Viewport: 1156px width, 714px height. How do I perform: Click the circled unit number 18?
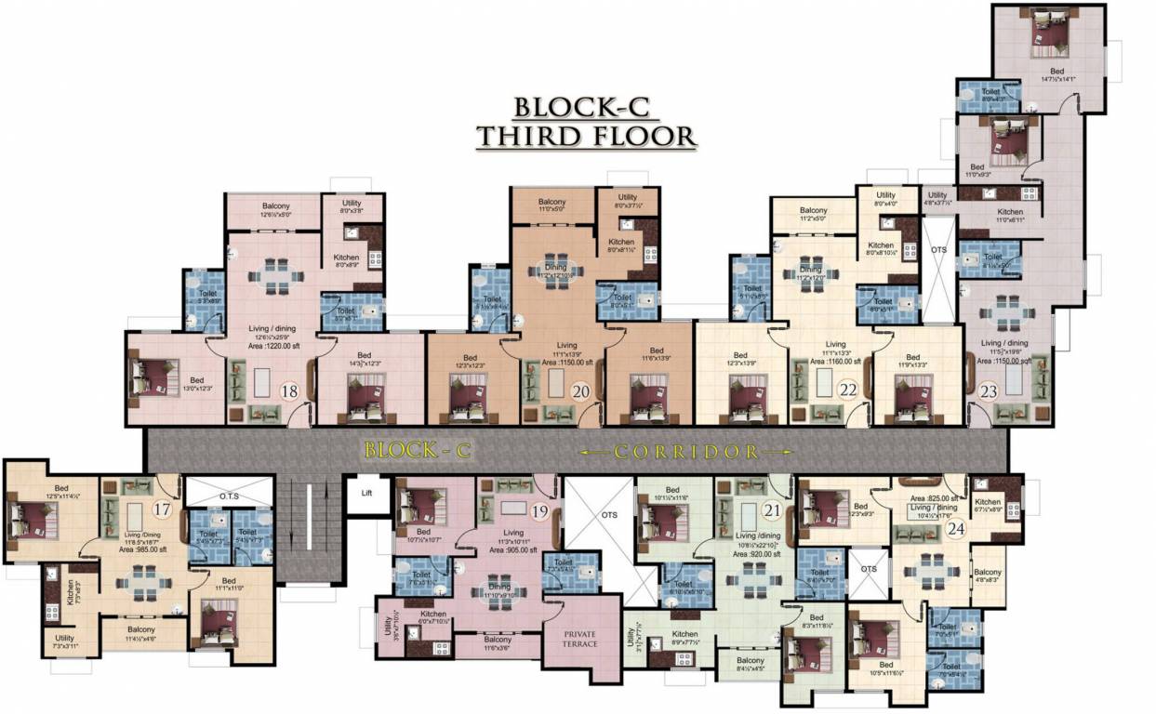pos(289,392)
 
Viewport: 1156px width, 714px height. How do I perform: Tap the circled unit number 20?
pos(583,391)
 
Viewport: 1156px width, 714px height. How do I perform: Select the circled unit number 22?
pos(847,391)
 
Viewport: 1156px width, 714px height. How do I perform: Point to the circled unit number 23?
pos(987,391)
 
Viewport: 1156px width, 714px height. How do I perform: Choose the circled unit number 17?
pos(161,509)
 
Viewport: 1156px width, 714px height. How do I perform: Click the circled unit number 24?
pos(955,529)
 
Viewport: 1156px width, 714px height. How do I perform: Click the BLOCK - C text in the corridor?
pos(419,451)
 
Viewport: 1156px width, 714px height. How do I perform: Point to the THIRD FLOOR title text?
pos(586,136)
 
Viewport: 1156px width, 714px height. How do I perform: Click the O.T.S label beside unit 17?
pos(229,496)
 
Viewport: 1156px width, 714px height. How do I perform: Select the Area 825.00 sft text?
pos(937,498)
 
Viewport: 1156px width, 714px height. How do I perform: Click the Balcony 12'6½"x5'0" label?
pos(276,210)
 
